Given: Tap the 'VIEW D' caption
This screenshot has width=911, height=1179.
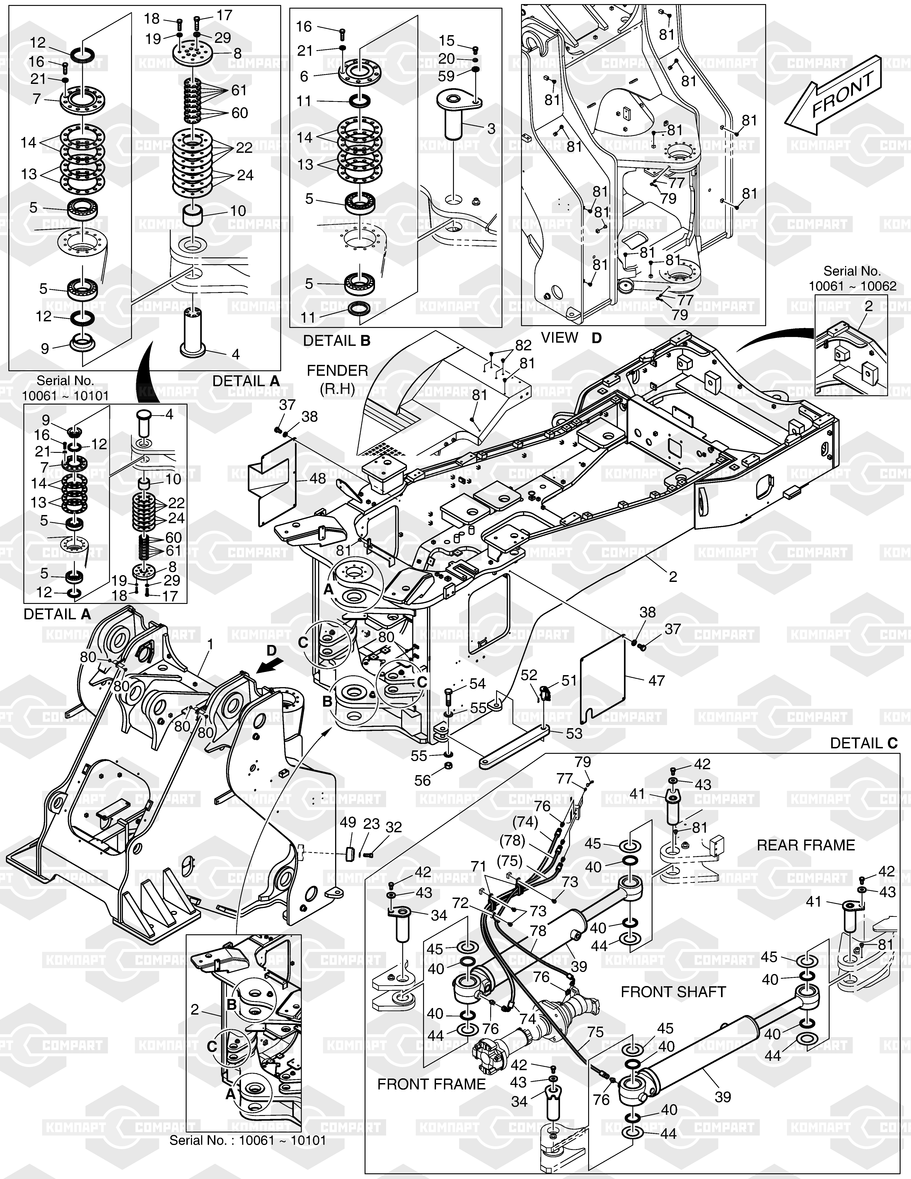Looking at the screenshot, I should coord(571,338).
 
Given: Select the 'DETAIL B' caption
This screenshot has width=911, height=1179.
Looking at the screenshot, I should coord(337,341).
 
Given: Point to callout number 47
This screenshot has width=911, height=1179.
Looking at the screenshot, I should coord(656,681).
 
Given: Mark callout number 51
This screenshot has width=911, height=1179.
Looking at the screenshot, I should coord(569,681).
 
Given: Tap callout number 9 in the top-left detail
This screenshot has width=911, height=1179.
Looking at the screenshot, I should coord(45,348).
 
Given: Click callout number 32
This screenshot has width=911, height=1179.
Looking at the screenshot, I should coord(394,827).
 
